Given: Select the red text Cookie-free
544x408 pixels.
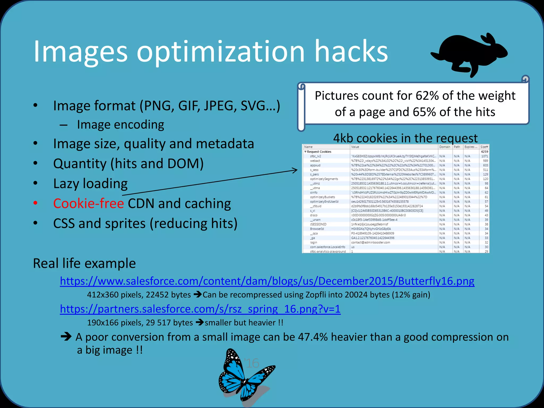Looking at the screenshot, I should (88, 203).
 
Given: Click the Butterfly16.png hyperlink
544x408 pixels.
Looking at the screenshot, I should (267, 281).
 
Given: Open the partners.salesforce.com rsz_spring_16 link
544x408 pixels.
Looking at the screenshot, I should (200, 309).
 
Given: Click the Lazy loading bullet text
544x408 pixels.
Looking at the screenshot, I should (90, 184).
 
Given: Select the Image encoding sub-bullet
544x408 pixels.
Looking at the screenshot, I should (120, 125).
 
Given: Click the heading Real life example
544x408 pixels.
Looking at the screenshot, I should (84, 263).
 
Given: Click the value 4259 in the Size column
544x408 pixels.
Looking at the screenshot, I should (484, 152).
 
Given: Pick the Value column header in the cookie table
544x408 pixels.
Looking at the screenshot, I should (355, 147).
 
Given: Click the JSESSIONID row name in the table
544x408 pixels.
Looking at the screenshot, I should (318, 224).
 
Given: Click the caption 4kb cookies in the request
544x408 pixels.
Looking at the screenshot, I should (405, 138).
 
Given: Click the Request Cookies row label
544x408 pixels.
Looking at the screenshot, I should (319, 152).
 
